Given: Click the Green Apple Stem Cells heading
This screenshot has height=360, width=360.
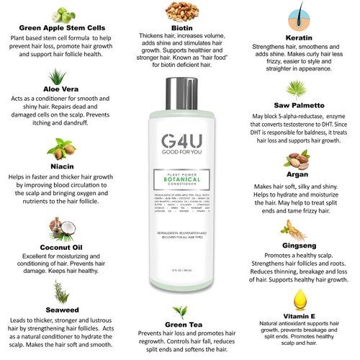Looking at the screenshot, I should (59, 30).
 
